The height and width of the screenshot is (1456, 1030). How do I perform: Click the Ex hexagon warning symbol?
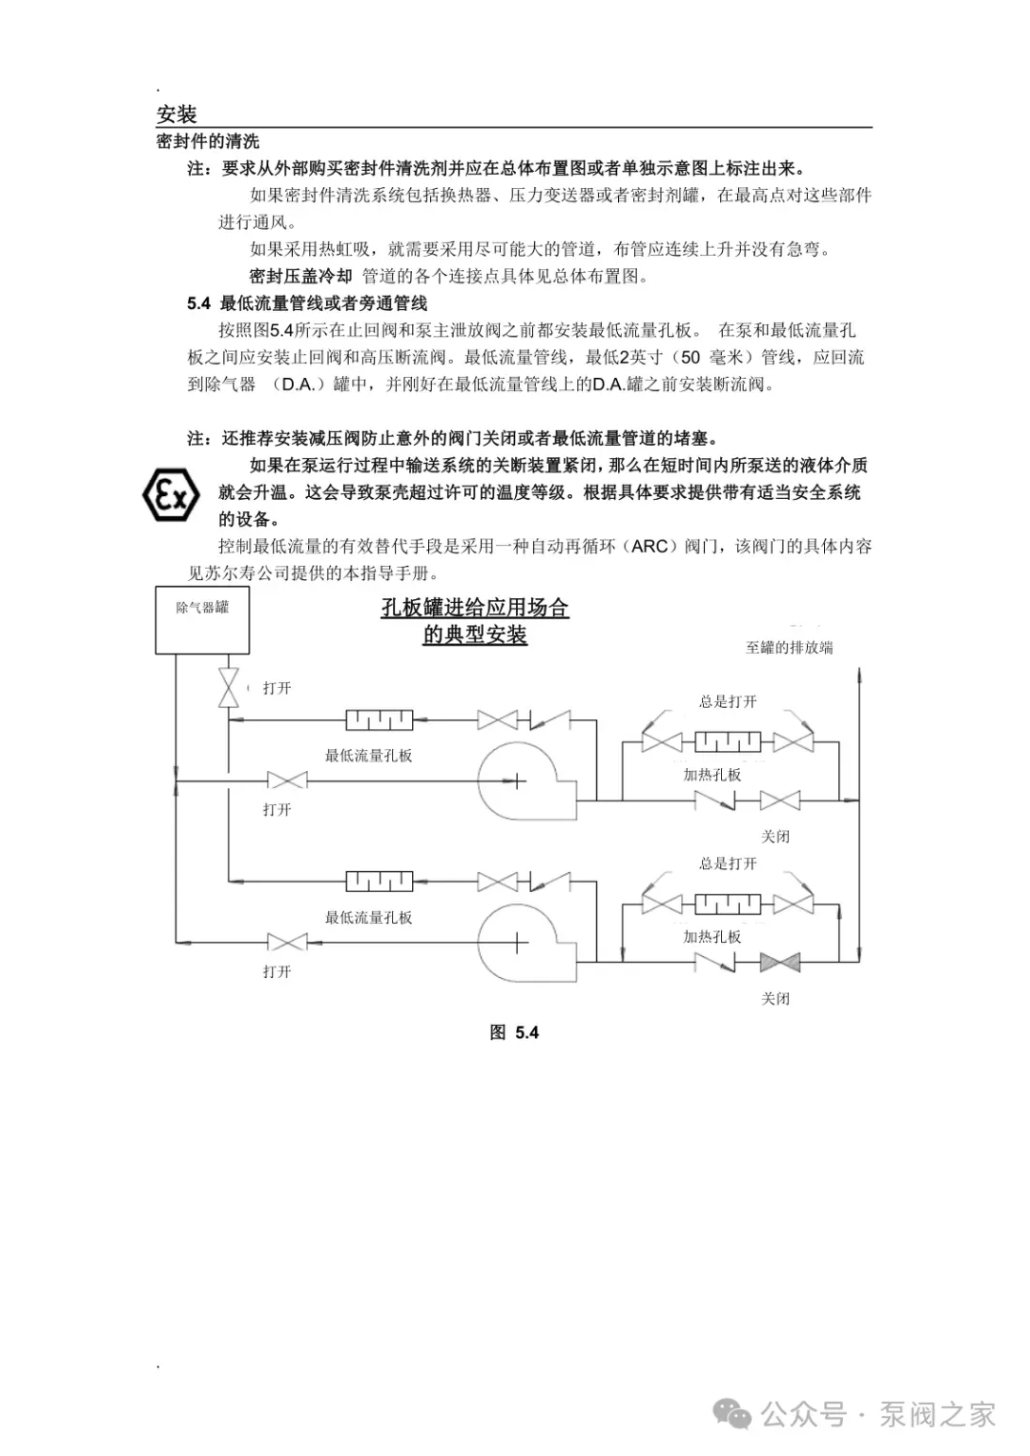click(x=171, y=495)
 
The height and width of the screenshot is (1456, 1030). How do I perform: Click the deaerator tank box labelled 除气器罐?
click(x=202, y=620)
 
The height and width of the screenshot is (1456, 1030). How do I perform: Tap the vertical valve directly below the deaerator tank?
click(x=229, y=688)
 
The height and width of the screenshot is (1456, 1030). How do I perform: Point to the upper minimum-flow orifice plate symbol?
click(x=379, y=720)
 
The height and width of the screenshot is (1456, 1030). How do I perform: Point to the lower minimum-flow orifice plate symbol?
click(x=379, y=882)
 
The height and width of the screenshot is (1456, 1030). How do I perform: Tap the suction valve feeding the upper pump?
click(x=286, y=781)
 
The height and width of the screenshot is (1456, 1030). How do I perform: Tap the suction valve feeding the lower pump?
click(x=286, y=943)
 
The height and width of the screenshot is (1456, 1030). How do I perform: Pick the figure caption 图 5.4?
click(x=514, y=1032)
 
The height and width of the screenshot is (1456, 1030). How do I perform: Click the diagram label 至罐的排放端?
click(x=789, y=648)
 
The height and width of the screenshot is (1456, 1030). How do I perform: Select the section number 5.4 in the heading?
click(x=198, y=303)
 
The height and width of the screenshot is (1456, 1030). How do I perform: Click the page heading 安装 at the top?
click(x=176, y=114)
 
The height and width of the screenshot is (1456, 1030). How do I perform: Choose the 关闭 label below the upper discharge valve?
click(x=775, y=837)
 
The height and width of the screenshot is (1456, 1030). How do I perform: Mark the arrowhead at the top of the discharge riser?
click(x=860, y=673)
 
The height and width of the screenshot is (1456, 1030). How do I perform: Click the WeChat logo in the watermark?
click(x=734, y=1414)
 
